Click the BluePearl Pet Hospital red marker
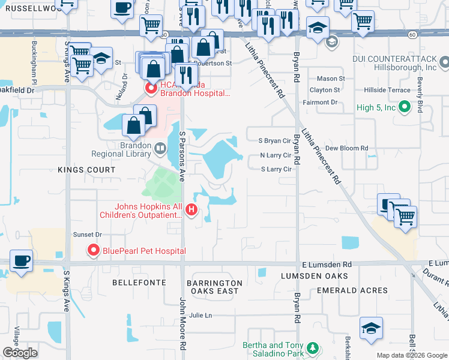point(93,250)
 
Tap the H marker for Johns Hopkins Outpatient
point(191,209)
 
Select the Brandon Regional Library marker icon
point(160,148)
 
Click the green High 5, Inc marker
point(404,107)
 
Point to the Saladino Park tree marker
point(312,348)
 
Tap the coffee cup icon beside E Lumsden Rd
point(21,261)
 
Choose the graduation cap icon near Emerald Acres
point(371,328)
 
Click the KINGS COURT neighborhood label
point(86,170)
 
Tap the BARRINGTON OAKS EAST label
point(214,287)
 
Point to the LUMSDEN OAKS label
point(315,276)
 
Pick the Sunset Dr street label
point(87,235)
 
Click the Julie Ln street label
point(200,315)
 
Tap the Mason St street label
point(331,79)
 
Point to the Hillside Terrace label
point(388,89)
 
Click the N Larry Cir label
point(275,155)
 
